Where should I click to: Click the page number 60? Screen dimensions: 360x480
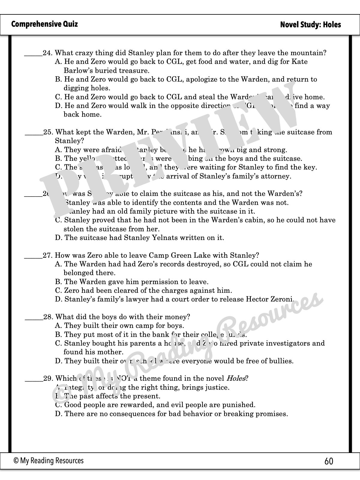pyautogui.click(x=329, y=461)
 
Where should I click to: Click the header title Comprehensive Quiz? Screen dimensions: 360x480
pyautogui.click(x=44, y=24)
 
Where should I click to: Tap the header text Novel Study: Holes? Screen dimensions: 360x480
pyautogui.click(x=310, y=25)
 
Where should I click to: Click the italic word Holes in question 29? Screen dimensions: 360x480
pyautogui.click(x=236, y=378)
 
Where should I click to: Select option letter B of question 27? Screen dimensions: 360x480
pyautogui.click(x=58, y=282)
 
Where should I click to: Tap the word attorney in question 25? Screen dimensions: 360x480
pyautogui.click(x=277, y=176)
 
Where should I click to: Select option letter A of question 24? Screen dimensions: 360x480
pyautogui.click(x=58, y=62)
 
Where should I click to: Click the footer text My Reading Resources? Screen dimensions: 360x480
pyautogui.click(x=52, y=461)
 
